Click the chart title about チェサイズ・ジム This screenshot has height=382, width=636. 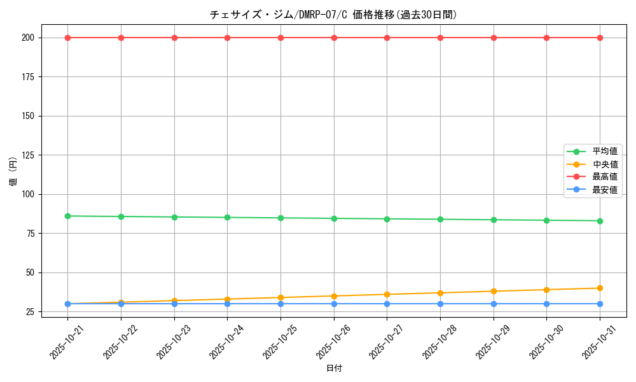333,15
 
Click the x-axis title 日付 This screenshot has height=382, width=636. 334,369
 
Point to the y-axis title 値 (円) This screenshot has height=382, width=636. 13,171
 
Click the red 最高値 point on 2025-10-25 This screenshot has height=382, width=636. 280,38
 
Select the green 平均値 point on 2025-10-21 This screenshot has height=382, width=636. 67,216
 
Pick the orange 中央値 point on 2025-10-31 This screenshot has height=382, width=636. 600,288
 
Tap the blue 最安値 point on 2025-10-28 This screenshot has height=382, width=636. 440,304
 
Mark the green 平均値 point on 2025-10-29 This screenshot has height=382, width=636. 494,220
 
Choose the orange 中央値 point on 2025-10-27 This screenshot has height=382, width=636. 387,294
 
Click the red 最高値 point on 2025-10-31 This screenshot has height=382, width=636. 600,38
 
